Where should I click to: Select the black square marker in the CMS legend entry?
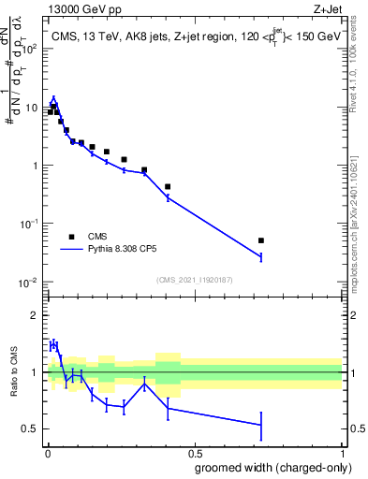70,237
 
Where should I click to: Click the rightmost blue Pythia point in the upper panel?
261,256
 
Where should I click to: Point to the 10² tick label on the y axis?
31,49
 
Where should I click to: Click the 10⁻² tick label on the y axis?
31,283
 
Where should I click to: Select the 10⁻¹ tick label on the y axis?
31,225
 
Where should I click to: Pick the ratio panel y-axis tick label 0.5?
31,429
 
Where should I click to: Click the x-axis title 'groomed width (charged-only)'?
268,467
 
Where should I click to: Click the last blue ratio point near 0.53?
261,425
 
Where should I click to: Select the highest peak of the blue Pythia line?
53,98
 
